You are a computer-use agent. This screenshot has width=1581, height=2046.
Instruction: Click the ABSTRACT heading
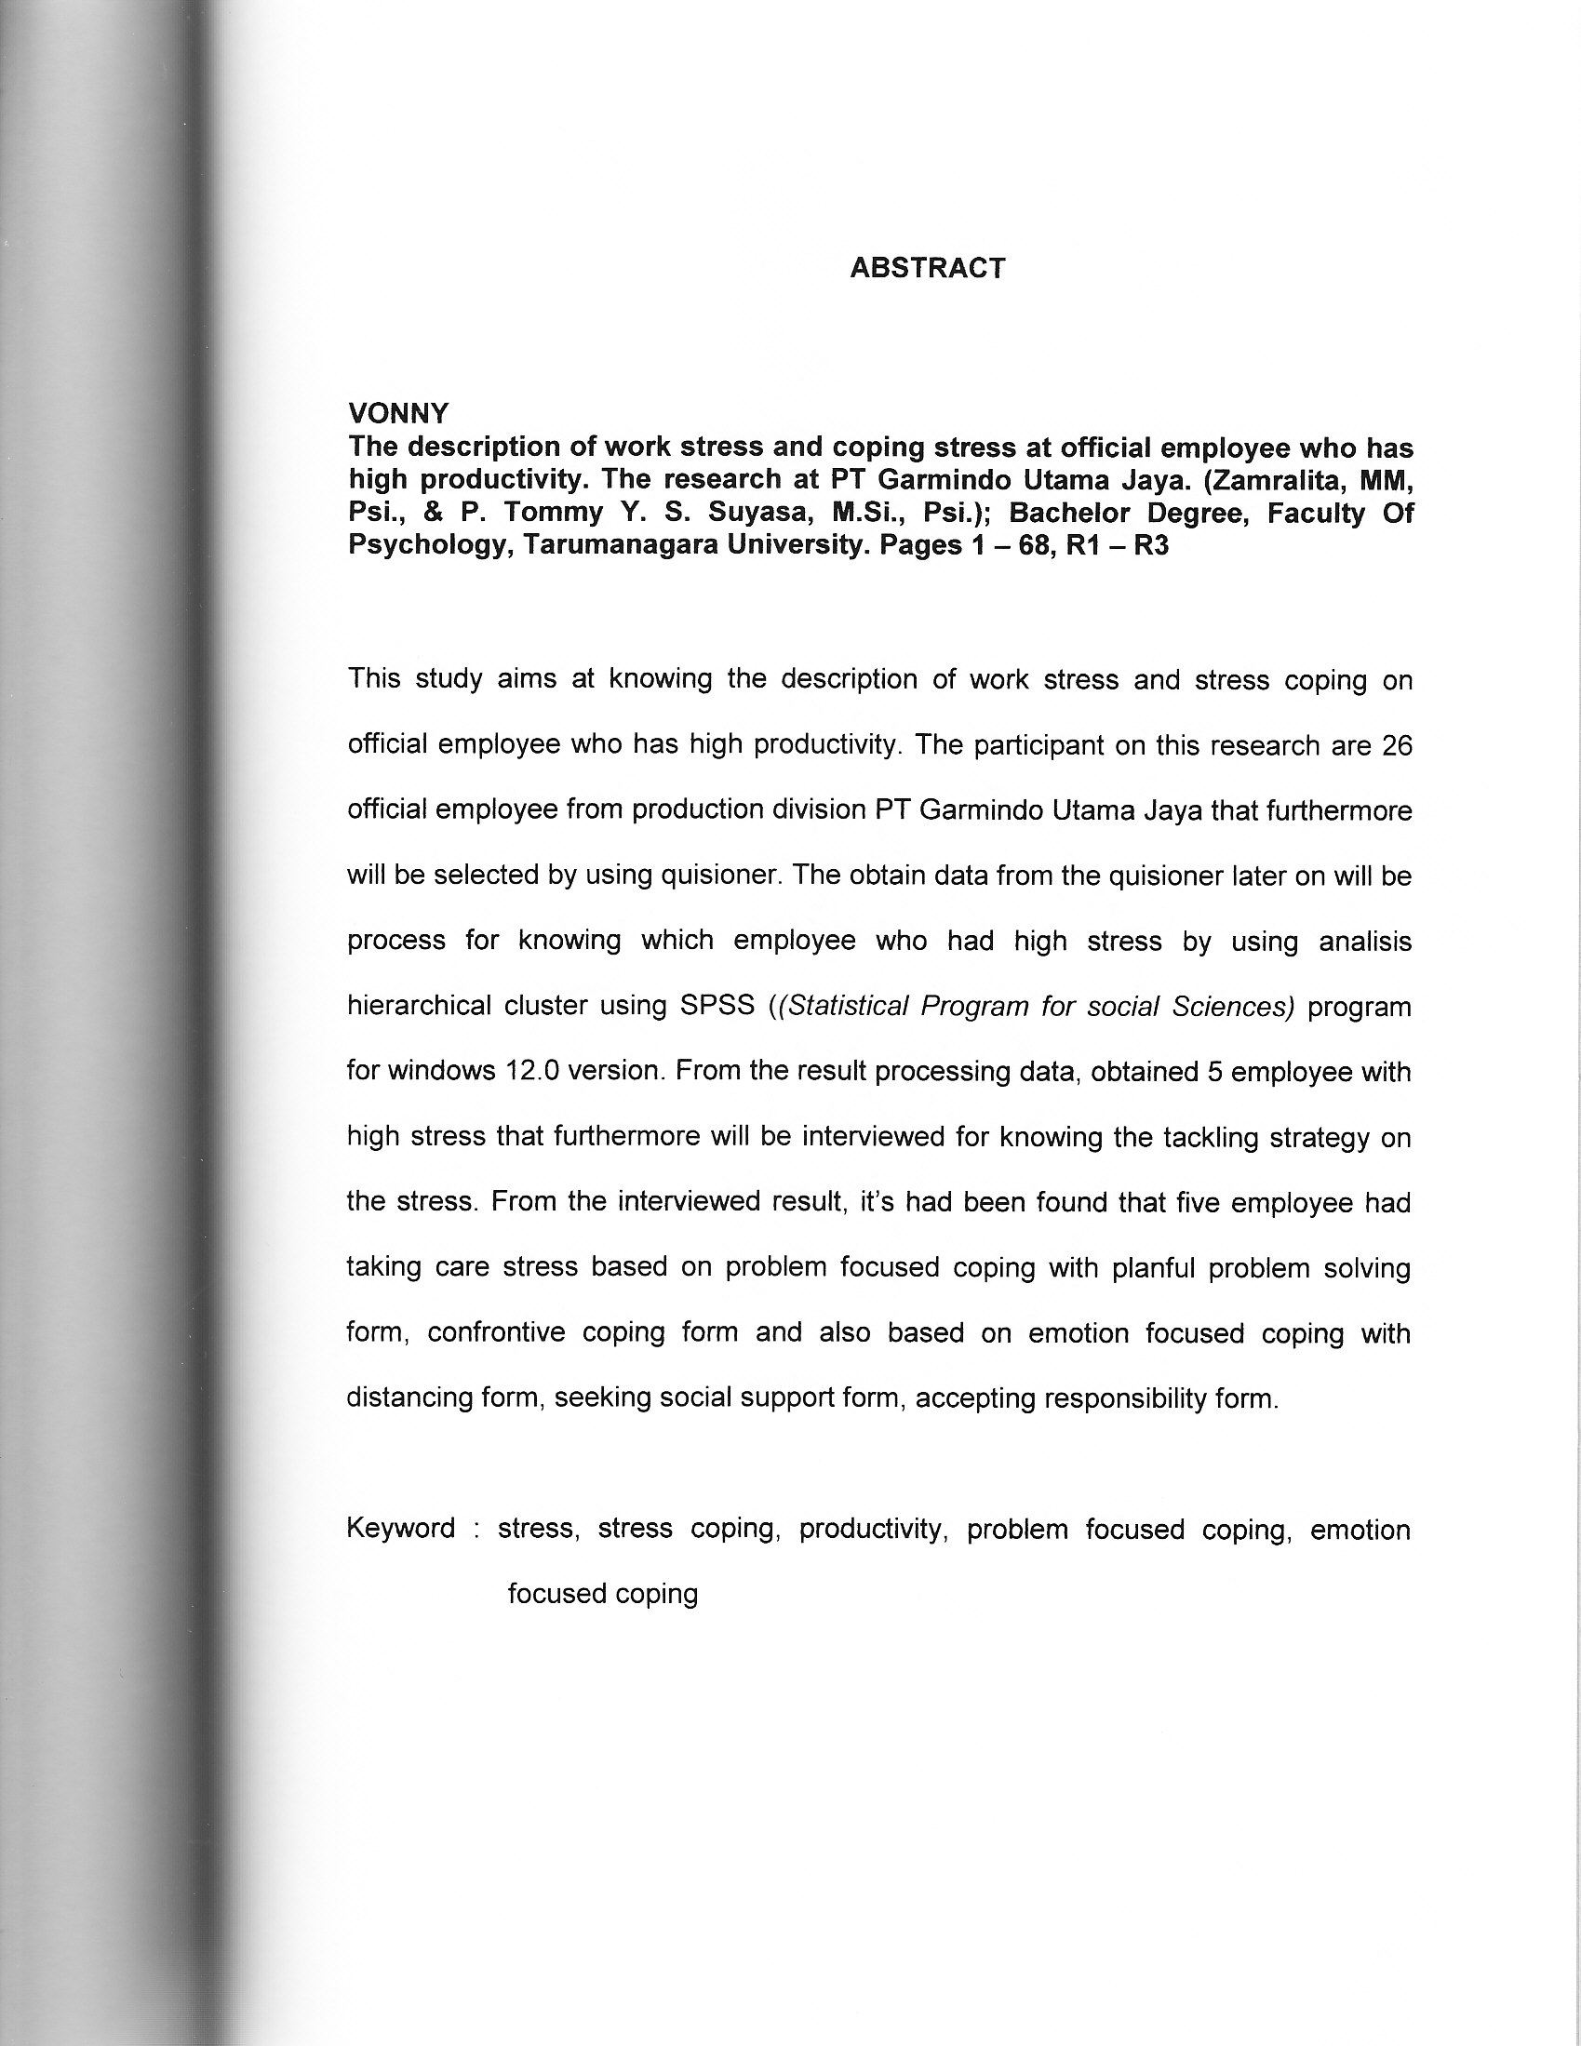(927, 269)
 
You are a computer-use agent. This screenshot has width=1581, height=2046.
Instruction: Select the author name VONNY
(398, 413)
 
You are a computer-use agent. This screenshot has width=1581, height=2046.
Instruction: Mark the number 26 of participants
(1397, 745)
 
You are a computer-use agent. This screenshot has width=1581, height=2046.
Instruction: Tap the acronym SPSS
(717, 1006)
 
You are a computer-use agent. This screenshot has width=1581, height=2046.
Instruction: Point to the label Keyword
(401, 1528)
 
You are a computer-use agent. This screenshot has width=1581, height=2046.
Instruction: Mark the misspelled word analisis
(1364, 941)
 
